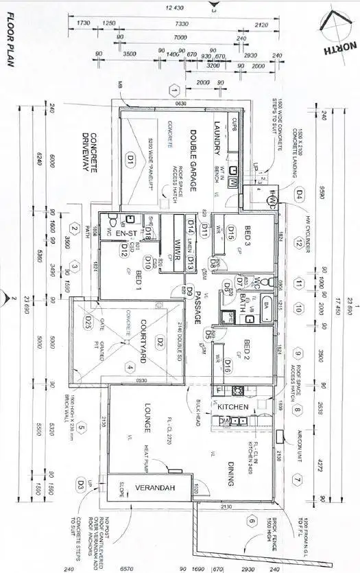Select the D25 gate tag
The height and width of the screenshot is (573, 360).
[88, 320]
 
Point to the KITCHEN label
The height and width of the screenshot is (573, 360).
[233, 407]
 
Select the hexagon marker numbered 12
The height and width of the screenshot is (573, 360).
[298, 242]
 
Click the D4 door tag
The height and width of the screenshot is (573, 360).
[299, 194]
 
